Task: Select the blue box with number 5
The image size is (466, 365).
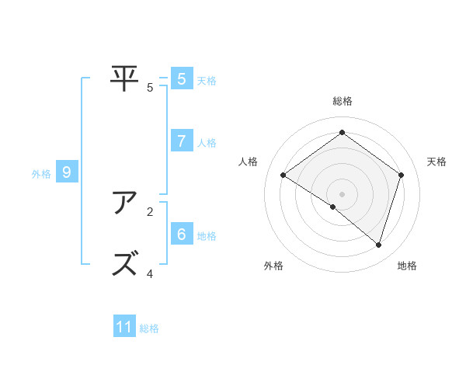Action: (181, 78)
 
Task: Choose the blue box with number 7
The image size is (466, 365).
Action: (181, 141)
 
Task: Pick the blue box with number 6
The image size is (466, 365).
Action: (181, 234)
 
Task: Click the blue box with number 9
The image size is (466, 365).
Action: (67, 172)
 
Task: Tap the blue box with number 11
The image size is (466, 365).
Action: (124, 327)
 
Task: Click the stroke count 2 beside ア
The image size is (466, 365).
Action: (150, 210)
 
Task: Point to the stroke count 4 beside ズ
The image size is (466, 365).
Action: (150, 273)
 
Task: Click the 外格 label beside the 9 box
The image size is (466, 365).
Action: (41, 174)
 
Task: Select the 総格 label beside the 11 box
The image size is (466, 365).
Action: (149, 328)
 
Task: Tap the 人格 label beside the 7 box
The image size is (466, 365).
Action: (207, 143)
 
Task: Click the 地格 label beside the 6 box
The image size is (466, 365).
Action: (207, 236)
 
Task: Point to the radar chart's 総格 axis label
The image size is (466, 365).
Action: (342, 101)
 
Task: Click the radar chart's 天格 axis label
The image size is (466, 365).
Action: (436, 162)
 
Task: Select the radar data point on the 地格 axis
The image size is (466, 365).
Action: (379, 245)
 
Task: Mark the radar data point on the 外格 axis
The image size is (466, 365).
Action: (333, 207)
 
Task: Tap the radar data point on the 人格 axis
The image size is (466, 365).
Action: (283, 176)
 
